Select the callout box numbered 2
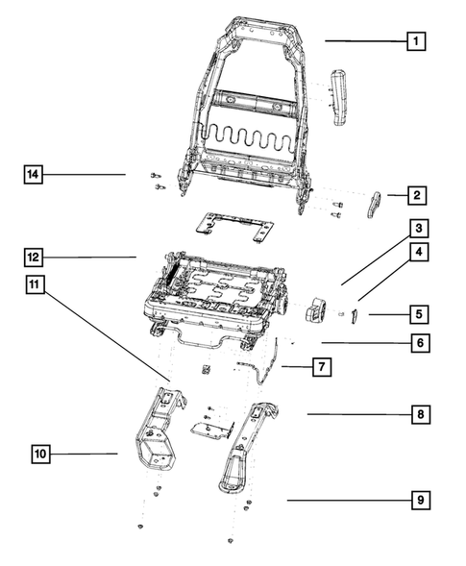pyautogui.click(x=416, y=196)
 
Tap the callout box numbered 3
pyautogui.click(x=419, y=229)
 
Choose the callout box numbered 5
pyautogui.click(x=419, y=314)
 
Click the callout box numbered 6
pyautogui.click(x=419, y=342)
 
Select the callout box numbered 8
pyautogui.click(x=419, y=415)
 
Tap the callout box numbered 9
pyautogui.click(x=419, y=501)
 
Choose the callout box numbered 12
pyautogui.click(x=35, y=257)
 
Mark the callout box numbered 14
pyautogui.click(x=35, y=174)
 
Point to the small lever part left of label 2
pyautogui.click(x=375, y=205)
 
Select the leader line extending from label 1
pyautogui.click(x=363, y=40)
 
